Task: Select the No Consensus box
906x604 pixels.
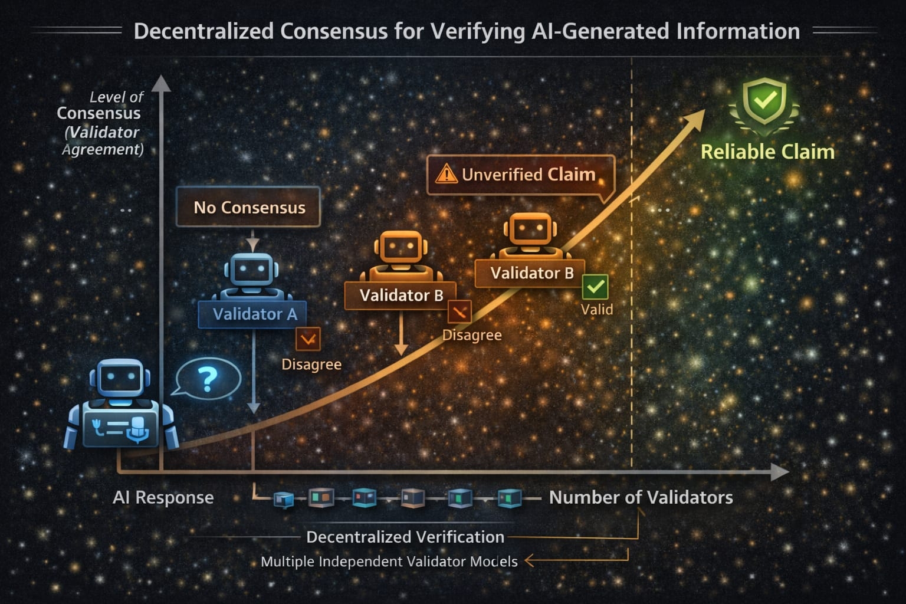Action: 248,207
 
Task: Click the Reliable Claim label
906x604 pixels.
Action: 767,152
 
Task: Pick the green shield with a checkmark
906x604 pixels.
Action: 764,101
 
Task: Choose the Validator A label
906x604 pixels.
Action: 254,314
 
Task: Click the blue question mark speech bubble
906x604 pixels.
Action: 208,379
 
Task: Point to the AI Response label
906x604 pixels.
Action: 163,497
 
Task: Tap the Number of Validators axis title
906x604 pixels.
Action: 641,497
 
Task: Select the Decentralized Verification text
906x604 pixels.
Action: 405,537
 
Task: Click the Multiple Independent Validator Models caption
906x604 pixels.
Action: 389,562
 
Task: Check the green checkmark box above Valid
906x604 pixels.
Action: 595,287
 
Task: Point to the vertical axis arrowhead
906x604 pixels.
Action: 161,84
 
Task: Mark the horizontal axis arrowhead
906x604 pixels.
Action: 780,472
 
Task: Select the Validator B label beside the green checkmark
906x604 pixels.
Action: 531,273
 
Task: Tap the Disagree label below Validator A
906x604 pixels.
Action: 311,365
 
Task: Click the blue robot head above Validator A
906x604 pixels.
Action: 252,271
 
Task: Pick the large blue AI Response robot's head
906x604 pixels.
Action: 120,378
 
